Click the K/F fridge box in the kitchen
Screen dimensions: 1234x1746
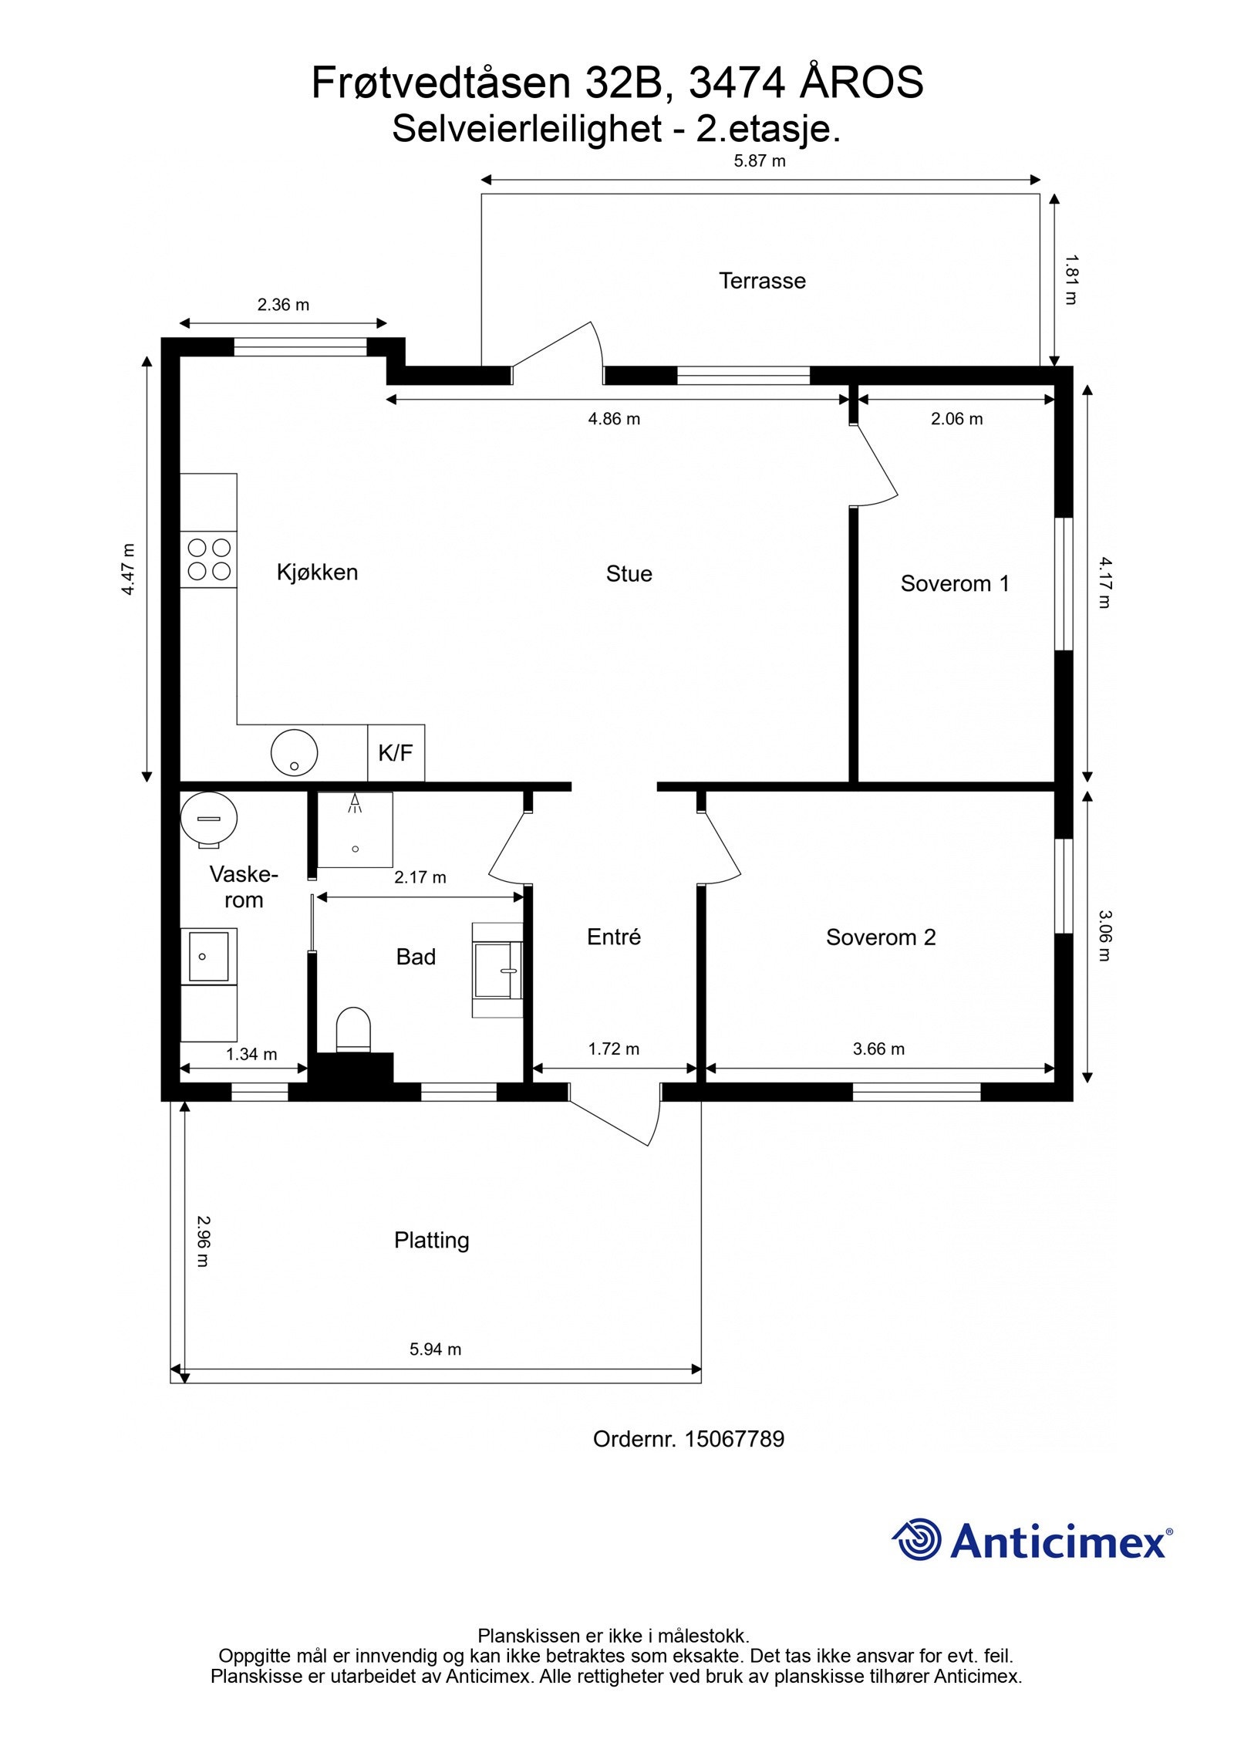tap(396, 752)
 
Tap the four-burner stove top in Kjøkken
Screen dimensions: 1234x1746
tap(209, 559)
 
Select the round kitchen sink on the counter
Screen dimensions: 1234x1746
tap(294, 752)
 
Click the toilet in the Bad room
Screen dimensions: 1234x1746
tap(354, 1029)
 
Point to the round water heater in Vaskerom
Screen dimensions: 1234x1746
tap(208, 819)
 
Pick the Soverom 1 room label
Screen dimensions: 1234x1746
tap(955, 583)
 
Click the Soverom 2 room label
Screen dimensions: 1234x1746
tap(881, 937)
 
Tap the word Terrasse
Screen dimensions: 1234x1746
tap(762, 281)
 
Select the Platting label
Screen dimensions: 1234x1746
tap(432, 1241)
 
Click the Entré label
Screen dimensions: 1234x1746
tap(614, 937)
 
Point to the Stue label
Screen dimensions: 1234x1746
tap(629, 574)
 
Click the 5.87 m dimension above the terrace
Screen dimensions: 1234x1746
tap(760, 161)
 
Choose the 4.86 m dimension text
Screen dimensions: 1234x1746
tap(615, 419)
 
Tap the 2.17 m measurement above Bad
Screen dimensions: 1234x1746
tap(420, 877)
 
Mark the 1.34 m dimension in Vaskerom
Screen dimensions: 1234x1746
tap(251, 1054)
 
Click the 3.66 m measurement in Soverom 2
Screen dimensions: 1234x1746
tap(879, 1049)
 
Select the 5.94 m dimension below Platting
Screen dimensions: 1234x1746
tap(436, 1349)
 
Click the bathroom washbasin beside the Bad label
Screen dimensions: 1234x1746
tap(497, 971)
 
